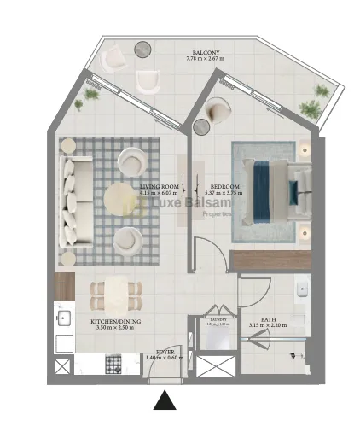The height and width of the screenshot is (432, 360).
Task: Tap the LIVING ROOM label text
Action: [x=159, y=186]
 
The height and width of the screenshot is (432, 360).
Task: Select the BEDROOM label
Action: [x=224, y=186]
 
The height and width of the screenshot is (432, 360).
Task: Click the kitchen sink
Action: [x=62, y=319]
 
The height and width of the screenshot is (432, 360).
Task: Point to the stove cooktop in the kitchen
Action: [x=115, y=364]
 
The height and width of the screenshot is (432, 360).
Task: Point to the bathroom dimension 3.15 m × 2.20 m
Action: [x=268, y=325]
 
